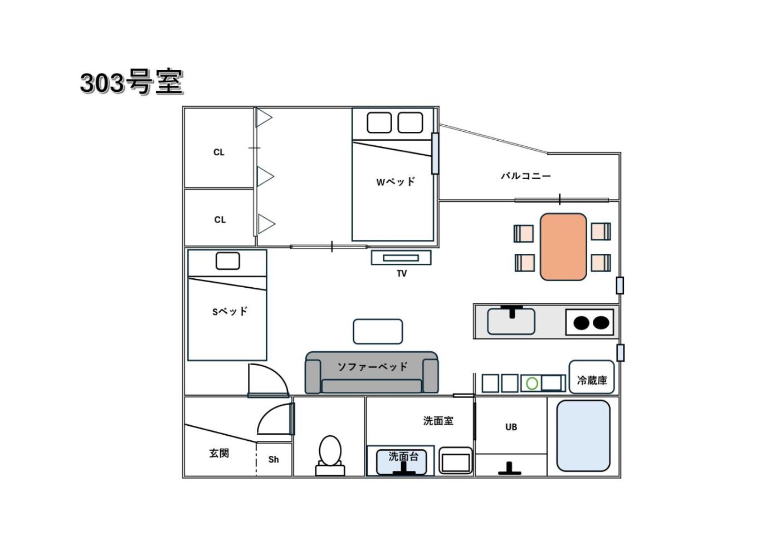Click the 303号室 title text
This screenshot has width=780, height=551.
pos(132,82)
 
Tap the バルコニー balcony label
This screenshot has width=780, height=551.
pos(526,176)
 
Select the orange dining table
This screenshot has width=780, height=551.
pos(563,247)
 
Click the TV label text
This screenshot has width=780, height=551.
pos(402,273)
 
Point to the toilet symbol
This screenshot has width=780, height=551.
pos(330,456)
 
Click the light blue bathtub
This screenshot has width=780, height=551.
pos(583,436)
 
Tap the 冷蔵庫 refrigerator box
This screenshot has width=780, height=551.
pos(592,377)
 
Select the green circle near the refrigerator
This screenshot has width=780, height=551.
pos(532,383)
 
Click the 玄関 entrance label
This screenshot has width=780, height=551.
pos(219,453)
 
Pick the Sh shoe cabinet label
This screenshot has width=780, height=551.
pos(274,460)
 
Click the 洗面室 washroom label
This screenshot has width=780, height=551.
pos(438,421)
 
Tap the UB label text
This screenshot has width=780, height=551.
pos(511,427)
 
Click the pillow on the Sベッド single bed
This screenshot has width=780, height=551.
pos(228,261)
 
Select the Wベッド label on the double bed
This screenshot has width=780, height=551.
pos(396,181)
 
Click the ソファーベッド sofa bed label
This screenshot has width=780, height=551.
pos(373,367)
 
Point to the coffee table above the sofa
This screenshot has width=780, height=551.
pos(378,332)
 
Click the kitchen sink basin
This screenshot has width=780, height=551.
pos(511,322)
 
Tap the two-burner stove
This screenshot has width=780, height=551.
pos(589,322)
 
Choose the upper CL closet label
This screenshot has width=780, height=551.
pos(218,152)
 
